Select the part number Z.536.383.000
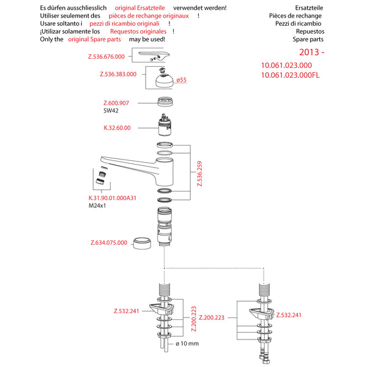(x=118, y=75)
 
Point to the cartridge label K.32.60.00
(x=117, y=128)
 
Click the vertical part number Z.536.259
(x=199, y=174)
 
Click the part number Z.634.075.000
(x=109, y=242)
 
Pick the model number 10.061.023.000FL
(x=291, y=75)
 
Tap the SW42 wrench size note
(x=111, y=111)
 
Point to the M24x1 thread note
(x=98, y=206)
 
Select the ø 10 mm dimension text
(x=187, y=343)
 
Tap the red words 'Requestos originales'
(x=138, y=31)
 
